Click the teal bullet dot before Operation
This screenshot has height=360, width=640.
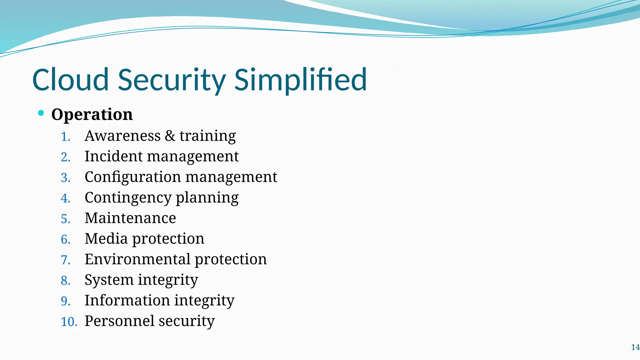tap(41, 113)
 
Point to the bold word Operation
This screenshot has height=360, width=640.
tap(92, 114)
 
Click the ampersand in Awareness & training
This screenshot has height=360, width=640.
tap(170, 136)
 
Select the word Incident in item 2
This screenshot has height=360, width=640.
tap(113, 156)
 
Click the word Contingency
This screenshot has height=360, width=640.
tap(128, 198)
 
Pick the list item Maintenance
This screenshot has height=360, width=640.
tap(130, 218)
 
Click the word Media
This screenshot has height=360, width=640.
tap(106, 239)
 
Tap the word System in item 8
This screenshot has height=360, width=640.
tap(109, 280)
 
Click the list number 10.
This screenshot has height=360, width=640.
tap(69, 322)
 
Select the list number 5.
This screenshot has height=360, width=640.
tap(65, 219)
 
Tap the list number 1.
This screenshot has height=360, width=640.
tap(65, 137)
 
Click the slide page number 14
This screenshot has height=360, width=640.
tap(635, 347)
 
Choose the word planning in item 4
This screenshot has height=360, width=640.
tap(207, 198)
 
